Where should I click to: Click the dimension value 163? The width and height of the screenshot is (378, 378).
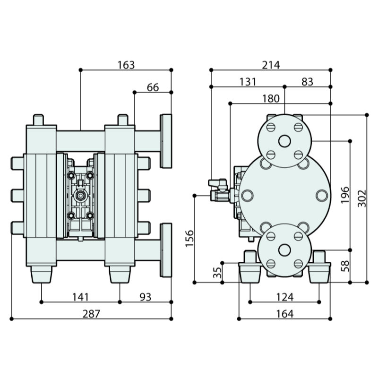click(126, 65)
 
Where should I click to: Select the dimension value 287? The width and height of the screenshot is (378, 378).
click(91, 314)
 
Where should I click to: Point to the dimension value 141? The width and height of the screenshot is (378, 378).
click(81, 297)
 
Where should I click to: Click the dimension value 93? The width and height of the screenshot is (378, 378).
click(146, 297)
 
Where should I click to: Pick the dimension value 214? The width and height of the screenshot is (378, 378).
click(271, 65)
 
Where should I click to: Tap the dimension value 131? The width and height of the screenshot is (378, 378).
click(248, 81)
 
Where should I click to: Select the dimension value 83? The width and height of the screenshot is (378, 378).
click(307, 81)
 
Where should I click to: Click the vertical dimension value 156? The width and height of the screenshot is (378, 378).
click(189, 239)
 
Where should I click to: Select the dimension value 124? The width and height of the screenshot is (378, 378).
click(284, 297)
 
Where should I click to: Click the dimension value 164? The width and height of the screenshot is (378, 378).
click(284, 314)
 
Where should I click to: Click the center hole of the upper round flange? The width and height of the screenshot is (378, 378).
click(284, 141)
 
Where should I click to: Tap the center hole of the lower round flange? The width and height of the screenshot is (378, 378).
click(284, 250)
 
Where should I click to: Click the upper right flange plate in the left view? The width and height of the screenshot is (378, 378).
click(165, 141)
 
